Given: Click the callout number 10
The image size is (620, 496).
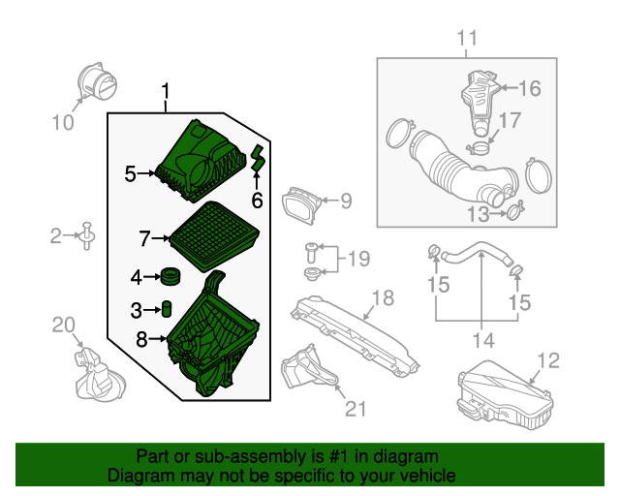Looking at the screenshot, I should click(x=62, y=122).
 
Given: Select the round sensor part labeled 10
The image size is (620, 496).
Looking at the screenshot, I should click(x=95, y=80).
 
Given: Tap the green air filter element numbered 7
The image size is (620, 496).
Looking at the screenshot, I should click(x=213, y=235).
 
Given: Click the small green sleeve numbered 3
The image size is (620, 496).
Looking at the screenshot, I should click(x=166, y=309).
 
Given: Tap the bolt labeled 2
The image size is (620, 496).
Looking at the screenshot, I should click(x=87, y=234).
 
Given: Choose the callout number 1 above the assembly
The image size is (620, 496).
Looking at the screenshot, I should click(x=166, y=93).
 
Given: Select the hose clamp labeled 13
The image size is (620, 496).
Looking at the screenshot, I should click(x=514, y=206).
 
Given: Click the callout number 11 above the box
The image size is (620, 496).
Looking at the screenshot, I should click(x=468, y=38).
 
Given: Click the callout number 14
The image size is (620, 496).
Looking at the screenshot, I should click(x=482, y=340).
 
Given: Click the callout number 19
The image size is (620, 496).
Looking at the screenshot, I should click(x=358, y=259).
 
